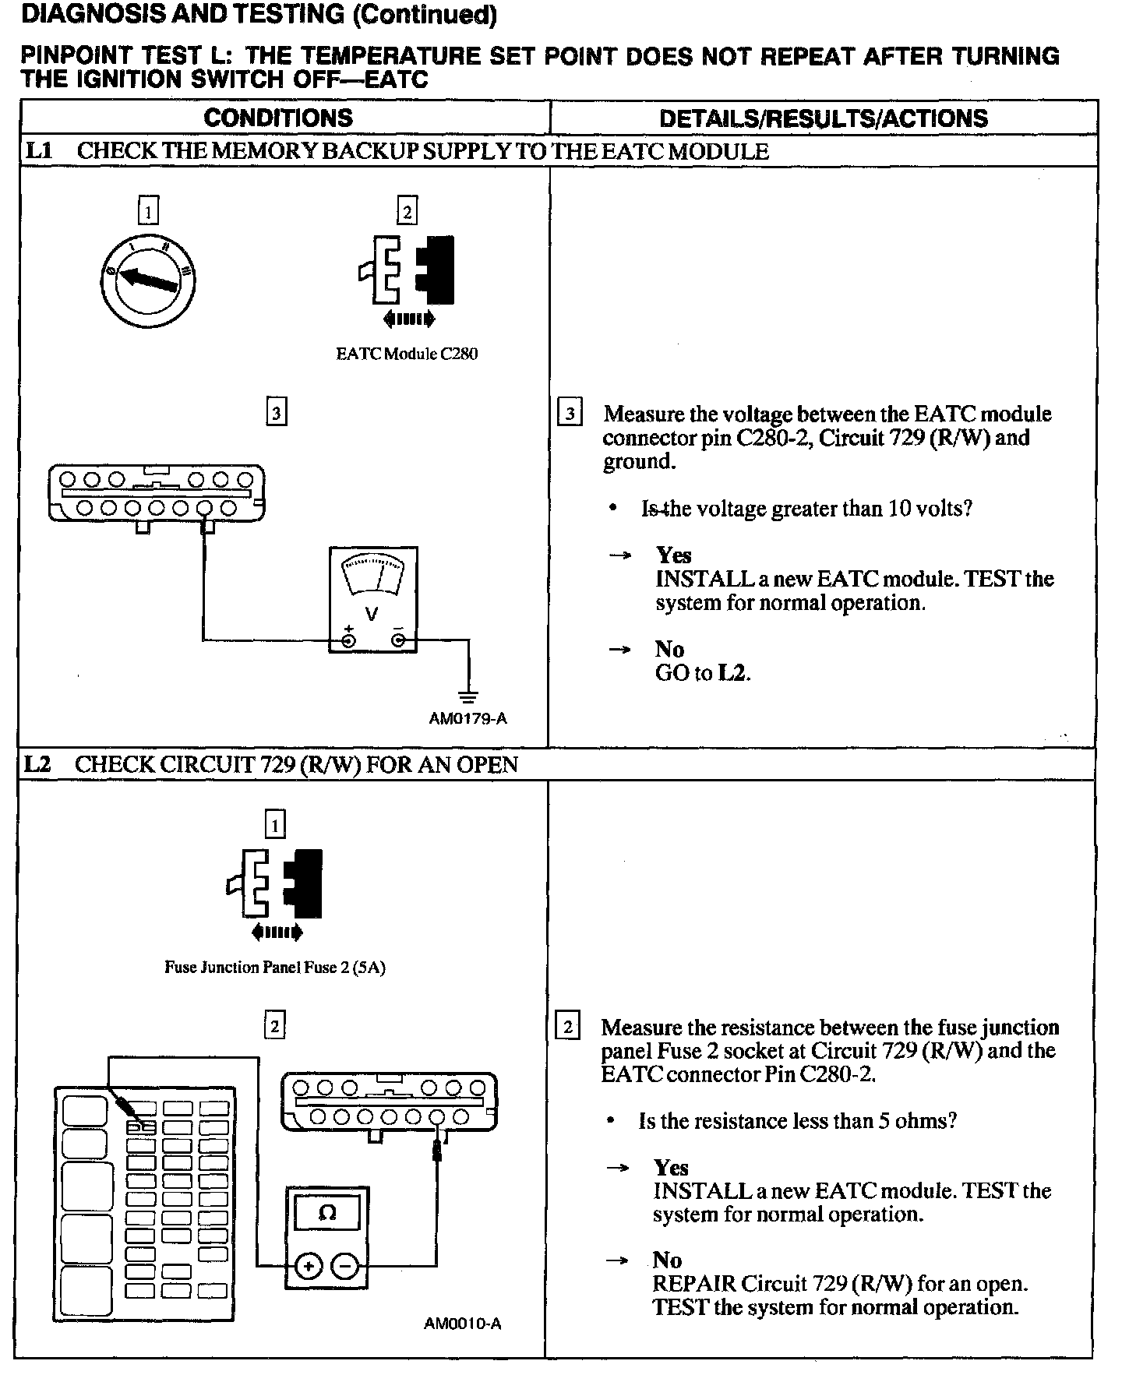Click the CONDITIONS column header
tap(278, 118)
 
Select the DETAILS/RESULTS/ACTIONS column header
tap(823, 118)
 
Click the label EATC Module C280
tap(407, 354)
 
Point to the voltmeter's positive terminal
tap(349, 640)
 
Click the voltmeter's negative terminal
tap(398, 640)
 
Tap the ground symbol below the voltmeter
tap(467, 696)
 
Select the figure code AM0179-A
tap(467, 718)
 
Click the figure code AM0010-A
tap(463, 1324)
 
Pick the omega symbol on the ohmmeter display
tap(327, 1213)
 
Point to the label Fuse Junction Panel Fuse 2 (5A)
tap(275, 968)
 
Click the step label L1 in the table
tap(39, 151)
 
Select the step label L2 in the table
tap(38, 764)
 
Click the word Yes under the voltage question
tap(673, 555)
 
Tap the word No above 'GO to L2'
tap(669, 650)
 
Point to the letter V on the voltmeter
tap(372, 615)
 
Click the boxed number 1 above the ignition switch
tap(148, 211)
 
